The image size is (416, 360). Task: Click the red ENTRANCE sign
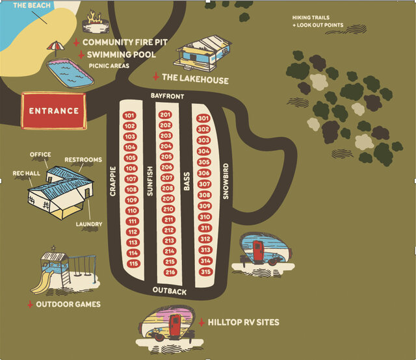(x=54, y=110)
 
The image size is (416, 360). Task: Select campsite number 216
(x=170, y=272)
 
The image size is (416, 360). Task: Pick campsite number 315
(x=206, y=272)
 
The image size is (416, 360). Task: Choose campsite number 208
(x=167, y=188)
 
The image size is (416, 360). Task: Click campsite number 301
(x=203, y=118)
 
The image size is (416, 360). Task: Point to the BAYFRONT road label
(x=168, y=97)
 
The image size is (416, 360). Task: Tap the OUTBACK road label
(x=170, y=290)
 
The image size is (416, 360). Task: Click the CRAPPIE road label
(x=113, y=183)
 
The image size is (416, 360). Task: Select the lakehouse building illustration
(x=202, y=54)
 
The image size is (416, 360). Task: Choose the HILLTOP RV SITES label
(x=243, y=322)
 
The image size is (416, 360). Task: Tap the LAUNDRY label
(x=89, y=225)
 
